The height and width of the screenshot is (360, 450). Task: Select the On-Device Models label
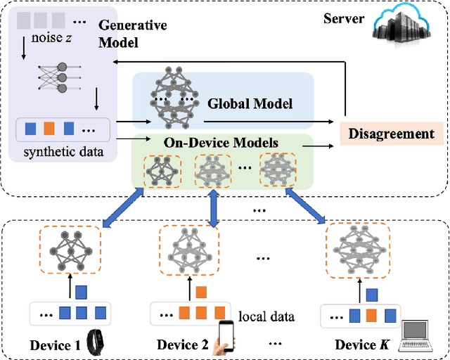point(221,143)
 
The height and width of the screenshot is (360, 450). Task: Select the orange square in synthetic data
point(49,129)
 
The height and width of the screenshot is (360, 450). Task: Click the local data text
point(266,316)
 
